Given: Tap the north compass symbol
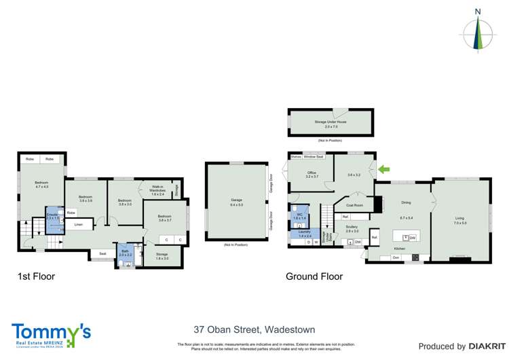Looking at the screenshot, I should [478, 30].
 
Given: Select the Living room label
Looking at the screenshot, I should [460, 220].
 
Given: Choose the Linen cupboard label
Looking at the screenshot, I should [79, 223].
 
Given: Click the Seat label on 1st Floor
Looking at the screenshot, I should [102, 254].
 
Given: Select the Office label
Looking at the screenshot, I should [312, 175].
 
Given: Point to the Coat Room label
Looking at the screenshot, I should [354, 204].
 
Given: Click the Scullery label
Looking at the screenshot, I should [352, 229].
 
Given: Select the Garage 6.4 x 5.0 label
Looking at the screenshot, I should [236, 202].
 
